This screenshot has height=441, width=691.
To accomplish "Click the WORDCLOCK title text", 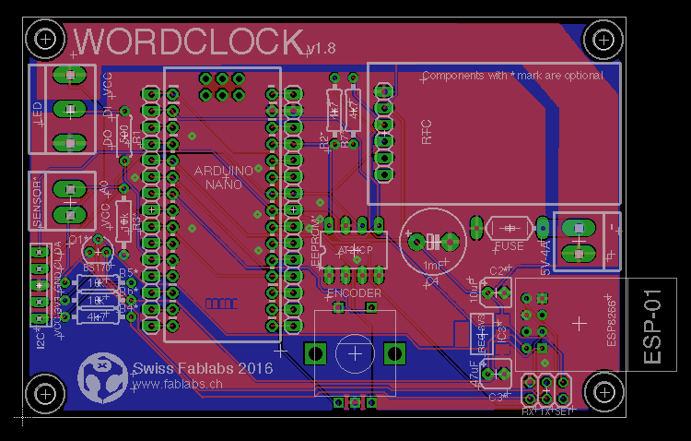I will [x=189, y=42].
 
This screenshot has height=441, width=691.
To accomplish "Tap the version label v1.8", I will [x=322, y=47].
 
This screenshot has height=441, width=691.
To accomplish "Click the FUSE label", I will [x=509, y=246].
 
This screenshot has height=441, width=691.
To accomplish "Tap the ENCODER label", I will [x=355, y=292].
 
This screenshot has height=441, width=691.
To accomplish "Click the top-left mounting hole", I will [x=44, y=38].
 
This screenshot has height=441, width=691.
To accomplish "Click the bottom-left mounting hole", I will [x=44, y=394].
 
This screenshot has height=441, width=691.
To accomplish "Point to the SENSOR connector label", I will [x=38, y=200].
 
